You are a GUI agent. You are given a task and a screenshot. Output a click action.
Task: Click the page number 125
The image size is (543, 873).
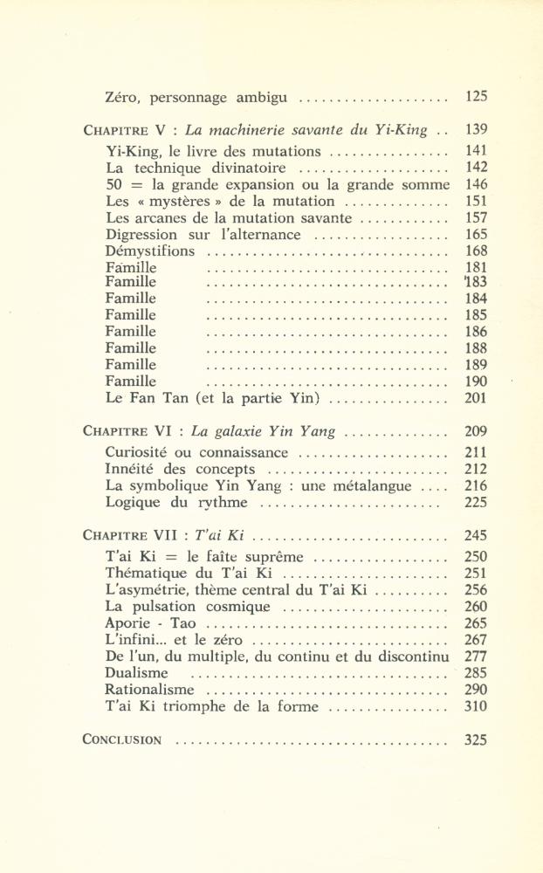coord(477,97)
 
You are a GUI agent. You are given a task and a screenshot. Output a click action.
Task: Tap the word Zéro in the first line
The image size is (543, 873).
coord(123,97)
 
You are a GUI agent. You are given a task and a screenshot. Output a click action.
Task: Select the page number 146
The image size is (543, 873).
coord(477,184)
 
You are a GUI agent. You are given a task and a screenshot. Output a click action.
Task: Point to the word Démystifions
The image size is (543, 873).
coord(145,251)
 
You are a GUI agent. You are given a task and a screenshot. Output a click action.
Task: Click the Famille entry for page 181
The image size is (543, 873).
coord(131,267)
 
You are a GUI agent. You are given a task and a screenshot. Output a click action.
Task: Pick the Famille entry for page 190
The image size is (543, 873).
coord(131,382)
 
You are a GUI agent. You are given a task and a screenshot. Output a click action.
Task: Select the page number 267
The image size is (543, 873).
coord(477,640)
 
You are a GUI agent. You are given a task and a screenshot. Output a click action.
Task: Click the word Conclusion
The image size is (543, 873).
coord(122,740)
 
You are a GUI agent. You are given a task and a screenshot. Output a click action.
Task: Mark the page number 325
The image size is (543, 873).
coord(477,739)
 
